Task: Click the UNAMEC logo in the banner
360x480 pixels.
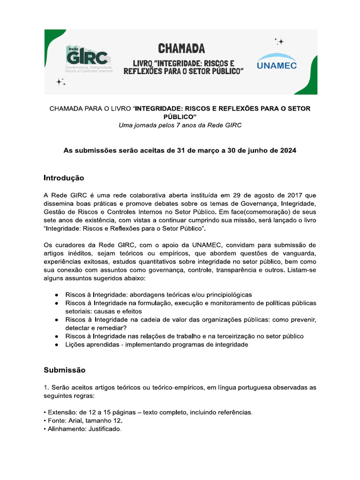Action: point(277,65)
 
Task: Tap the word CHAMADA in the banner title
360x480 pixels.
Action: point(181,48)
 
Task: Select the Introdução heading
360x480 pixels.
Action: point(64,178)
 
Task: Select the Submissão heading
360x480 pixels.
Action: point(65,370)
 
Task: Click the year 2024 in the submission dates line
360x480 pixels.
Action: point(287,151)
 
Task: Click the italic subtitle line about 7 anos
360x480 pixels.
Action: point(180,125)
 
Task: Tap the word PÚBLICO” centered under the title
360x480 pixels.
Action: point(180,117)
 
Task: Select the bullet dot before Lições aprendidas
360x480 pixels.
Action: point(56,345)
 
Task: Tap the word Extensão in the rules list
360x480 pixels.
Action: point(62,412)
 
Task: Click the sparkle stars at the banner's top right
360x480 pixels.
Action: point(279,41)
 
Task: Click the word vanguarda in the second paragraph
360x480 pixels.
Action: point(296,254)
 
